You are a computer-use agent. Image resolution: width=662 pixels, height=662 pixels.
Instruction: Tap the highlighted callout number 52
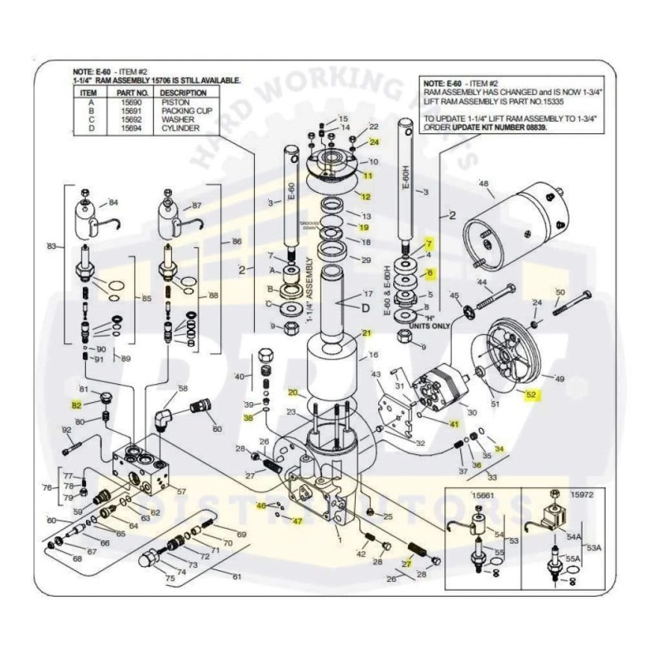[531, 395]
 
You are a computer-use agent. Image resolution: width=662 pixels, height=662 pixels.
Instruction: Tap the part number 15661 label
[482, 495]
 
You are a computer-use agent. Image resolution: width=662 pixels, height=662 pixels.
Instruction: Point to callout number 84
[113, 202]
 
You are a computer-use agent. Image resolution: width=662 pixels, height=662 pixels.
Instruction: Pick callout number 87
[197, 204]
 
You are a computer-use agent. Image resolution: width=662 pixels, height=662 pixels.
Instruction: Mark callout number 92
[66, 430]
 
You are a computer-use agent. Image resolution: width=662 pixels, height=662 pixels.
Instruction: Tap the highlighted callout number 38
[247, 418]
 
